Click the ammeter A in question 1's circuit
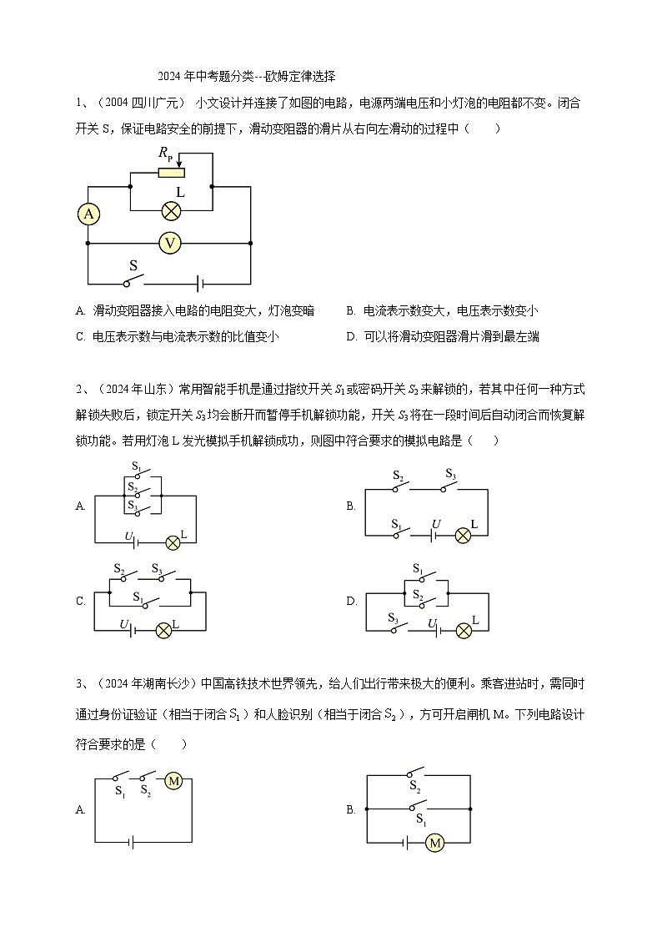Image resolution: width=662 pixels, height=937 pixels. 88,214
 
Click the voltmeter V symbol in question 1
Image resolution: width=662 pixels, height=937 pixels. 170,243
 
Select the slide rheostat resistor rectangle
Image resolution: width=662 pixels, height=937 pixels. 171,173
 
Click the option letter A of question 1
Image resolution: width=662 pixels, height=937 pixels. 80,311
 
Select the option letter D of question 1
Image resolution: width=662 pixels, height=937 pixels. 351,337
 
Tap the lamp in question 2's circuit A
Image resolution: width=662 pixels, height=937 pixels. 173,542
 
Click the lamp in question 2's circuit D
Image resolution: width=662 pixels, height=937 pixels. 464,631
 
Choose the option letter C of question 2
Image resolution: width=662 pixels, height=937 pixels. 80,601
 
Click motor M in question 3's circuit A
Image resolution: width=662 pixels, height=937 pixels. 173,781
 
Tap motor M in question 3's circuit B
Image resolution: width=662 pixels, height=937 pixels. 434,844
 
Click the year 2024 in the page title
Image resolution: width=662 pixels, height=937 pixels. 168,76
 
